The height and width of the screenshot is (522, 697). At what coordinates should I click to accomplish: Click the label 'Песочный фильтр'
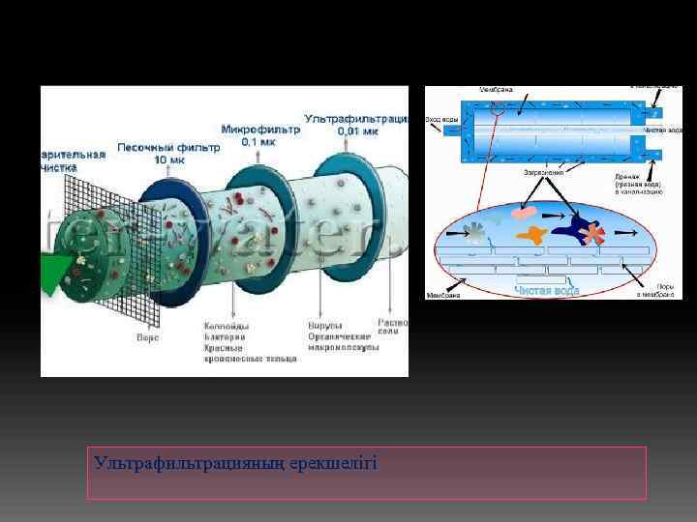(168, 148)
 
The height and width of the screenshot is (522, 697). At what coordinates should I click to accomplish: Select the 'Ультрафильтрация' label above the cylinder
(356, 119)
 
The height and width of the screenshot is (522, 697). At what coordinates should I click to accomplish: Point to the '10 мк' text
(169, 159)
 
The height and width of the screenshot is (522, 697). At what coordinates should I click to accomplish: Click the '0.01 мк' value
(357, 130)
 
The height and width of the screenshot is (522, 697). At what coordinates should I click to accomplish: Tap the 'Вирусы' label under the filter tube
(323, 325)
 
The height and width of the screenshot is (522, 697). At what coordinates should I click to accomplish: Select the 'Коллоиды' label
(227, 325)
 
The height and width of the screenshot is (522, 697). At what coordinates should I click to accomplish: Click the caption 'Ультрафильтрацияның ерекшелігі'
(235, 463)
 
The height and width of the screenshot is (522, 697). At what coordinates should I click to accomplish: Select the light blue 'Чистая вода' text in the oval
(547, 290)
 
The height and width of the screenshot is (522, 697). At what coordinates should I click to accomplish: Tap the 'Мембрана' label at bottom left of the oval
(443, 295)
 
